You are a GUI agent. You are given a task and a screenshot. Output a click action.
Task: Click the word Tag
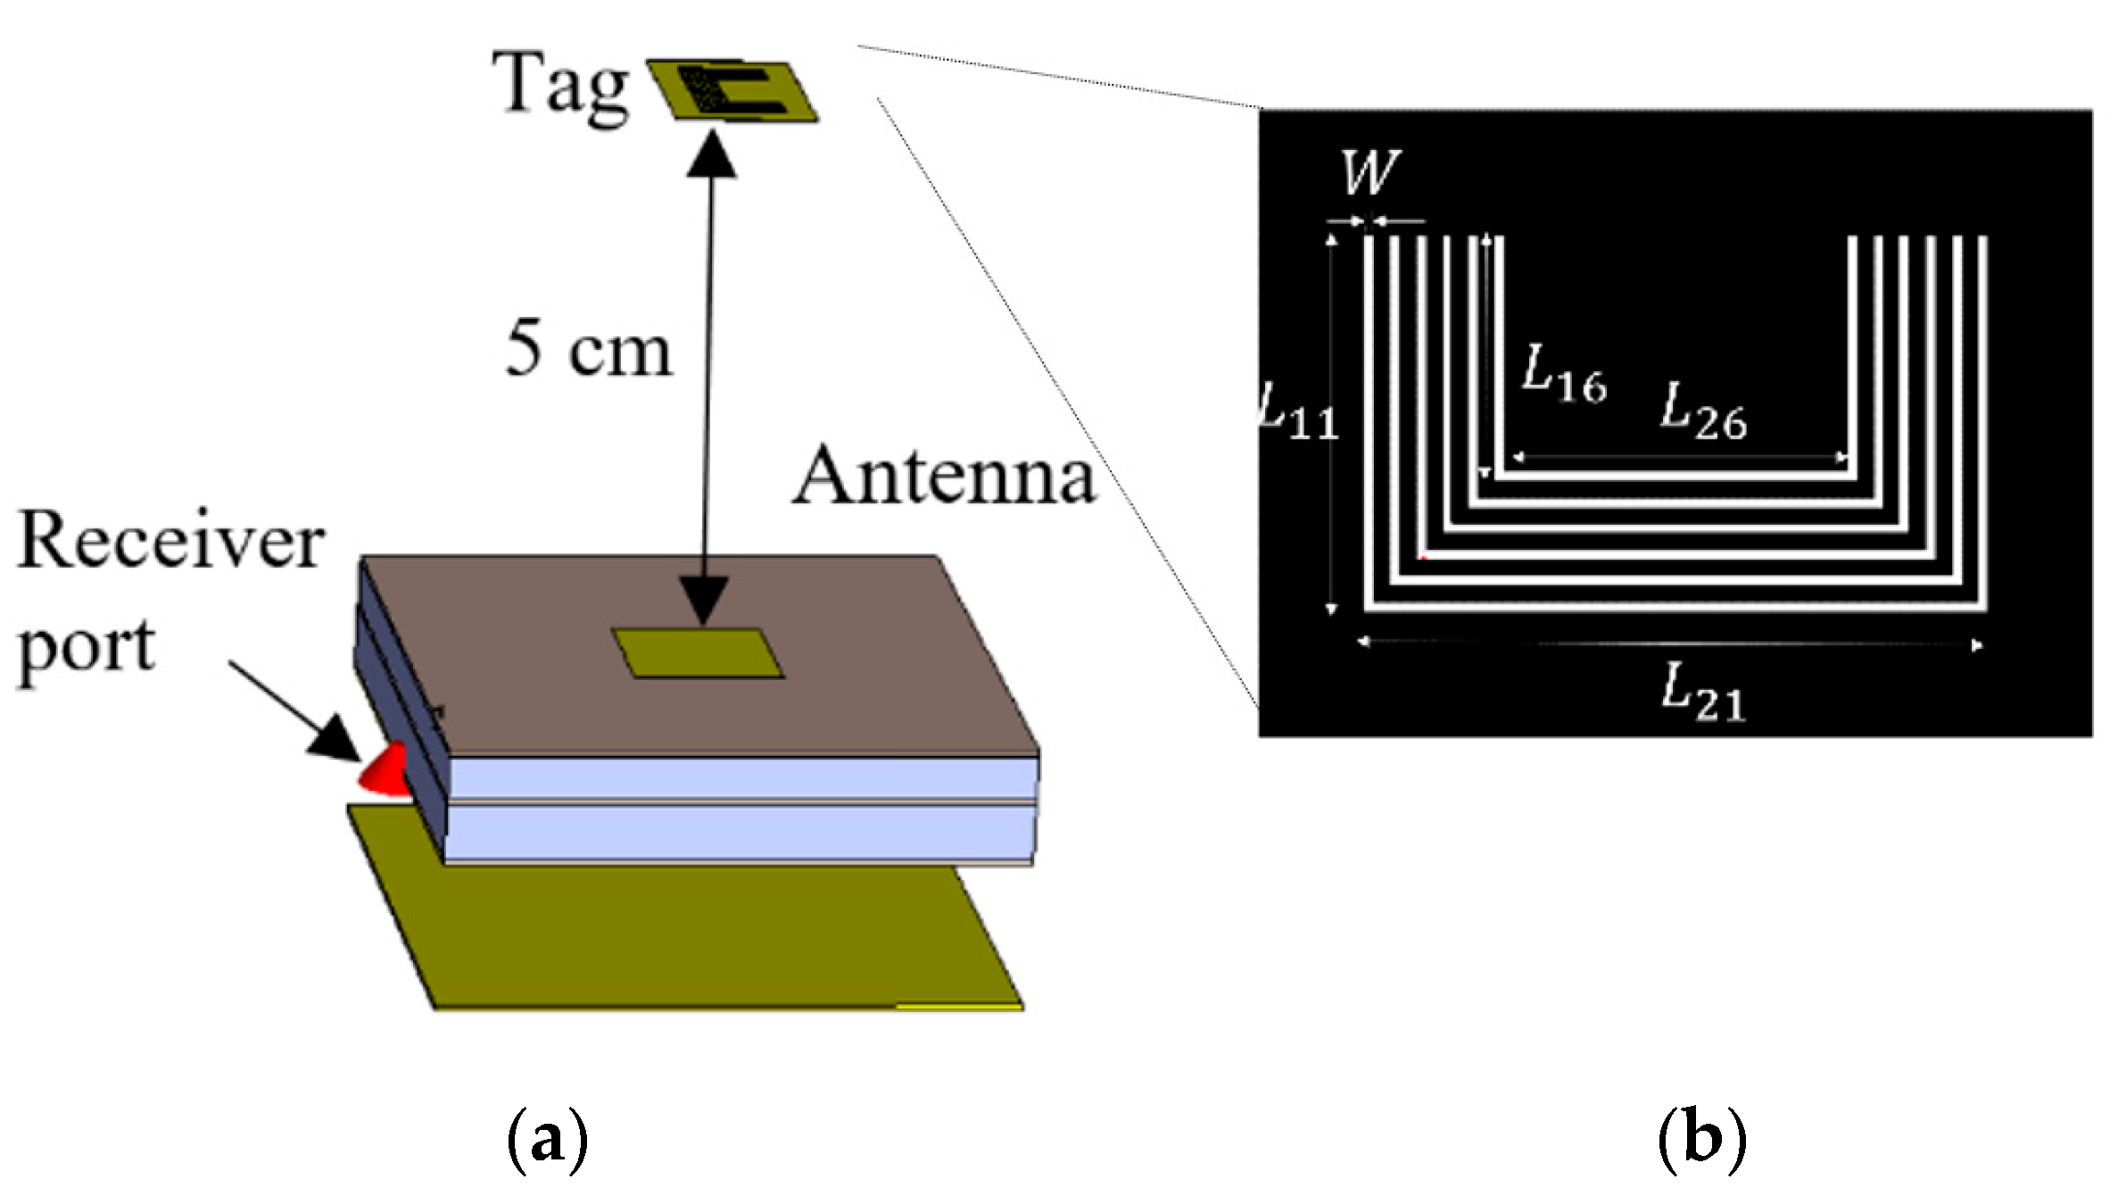(x=560, y=87)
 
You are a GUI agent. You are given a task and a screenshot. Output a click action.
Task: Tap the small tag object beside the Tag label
(x=731, y=90)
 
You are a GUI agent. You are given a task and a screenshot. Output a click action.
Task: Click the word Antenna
(x=944, y=477)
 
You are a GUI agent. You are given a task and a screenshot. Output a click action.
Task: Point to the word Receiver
(x=170, y=541)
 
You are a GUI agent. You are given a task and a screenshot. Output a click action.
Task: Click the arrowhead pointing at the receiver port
(x=335, y=740)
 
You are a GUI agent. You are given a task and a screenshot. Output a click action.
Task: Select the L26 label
(x=1702, y=412)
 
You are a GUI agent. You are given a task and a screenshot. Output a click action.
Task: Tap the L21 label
(x=1702, y=694)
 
